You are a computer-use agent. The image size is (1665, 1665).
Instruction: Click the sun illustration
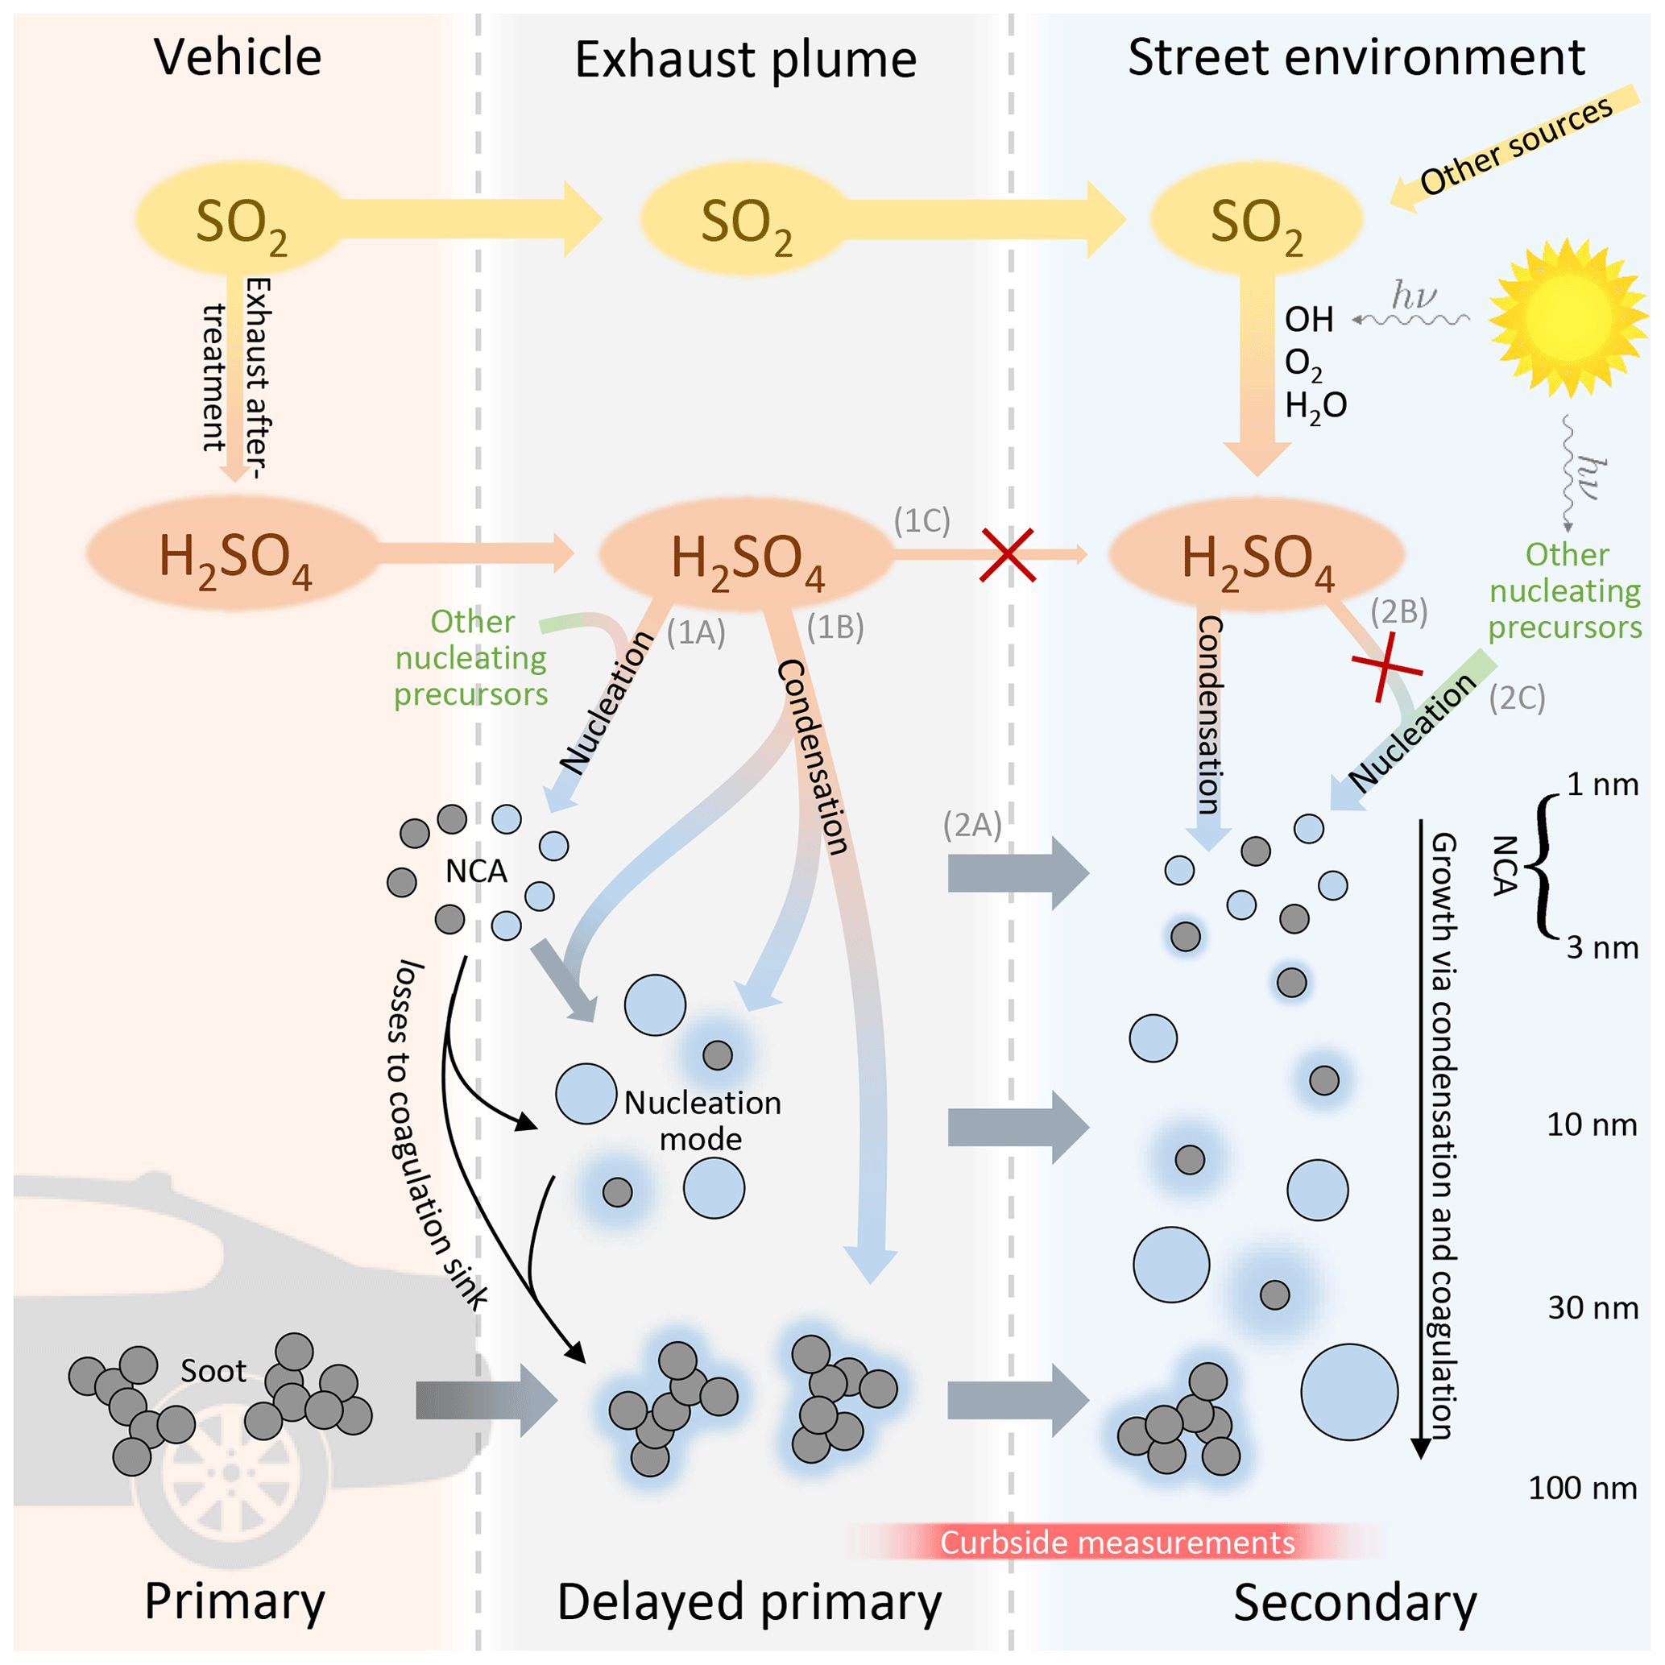[1567, 317]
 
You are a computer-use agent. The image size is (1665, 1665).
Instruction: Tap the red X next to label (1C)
[1007, 555]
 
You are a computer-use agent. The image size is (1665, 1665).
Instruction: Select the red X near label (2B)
[1385, 665]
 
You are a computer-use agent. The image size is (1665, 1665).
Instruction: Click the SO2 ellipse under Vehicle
[240, 221]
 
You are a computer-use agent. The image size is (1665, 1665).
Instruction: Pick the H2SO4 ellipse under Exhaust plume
[747, 555]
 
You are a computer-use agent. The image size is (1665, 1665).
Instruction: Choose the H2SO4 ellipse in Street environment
[1257, 555]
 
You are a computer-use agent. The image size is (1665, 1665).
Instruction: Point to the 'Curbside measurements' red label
[1117, 1542]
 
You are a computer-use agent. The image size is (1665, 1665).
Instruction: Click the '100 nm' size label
[1582, 1488]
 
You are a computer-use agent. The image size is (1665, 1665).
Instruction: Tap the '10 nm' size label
[1591, 1124]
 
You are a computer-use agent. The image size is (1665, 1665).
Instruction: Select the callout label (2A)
[972, 825]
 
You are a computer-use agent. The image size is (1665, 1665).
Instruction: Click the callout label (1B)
[835, 627]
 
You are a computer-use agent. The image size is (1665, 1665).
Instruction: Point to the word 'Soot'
[213, 1370]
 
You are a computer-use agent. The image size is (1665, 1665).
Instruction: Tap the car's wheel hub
[231, 1472]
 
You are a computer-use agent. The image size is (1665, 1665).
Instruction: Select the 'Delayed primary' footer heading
[749, 1602]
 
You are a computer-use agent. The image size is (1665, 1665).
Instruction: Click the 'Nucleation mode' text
[702, 1120]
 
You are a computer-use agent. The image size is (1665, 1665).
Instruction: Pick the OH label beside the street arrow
[1308, 320]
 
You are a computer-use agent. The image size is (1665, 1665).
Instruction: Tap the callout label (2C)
[1517, 698]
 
